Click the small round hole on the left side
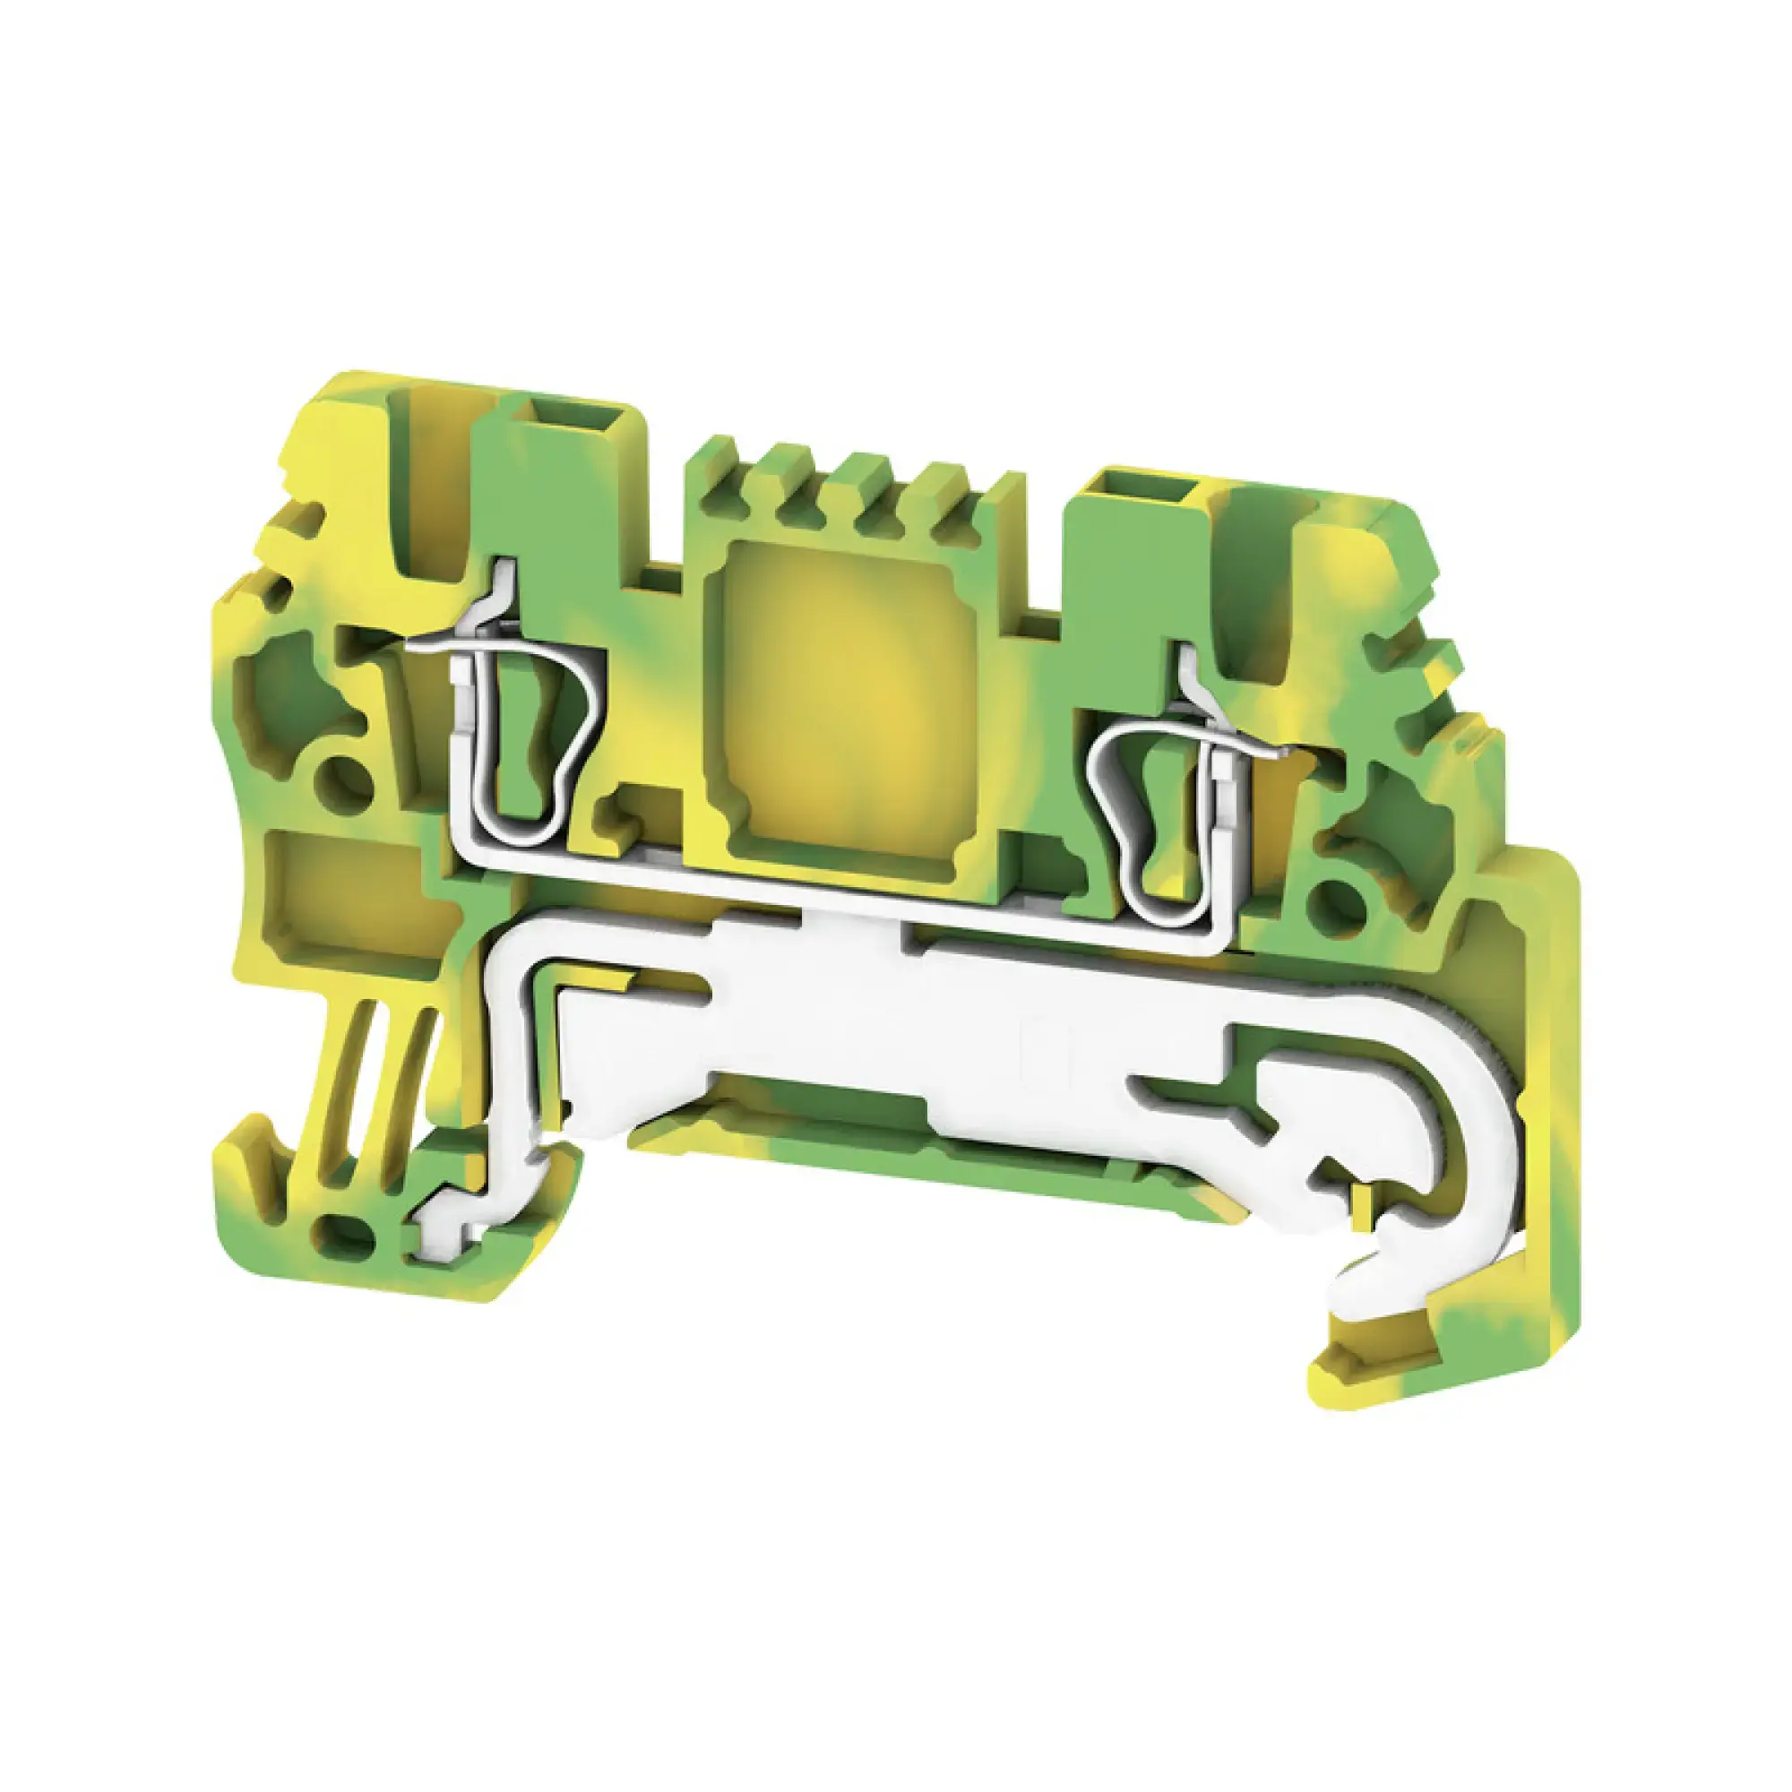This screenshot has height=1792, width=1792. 343,775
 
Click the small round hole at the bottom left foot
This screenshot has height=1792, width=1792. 344,1233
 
